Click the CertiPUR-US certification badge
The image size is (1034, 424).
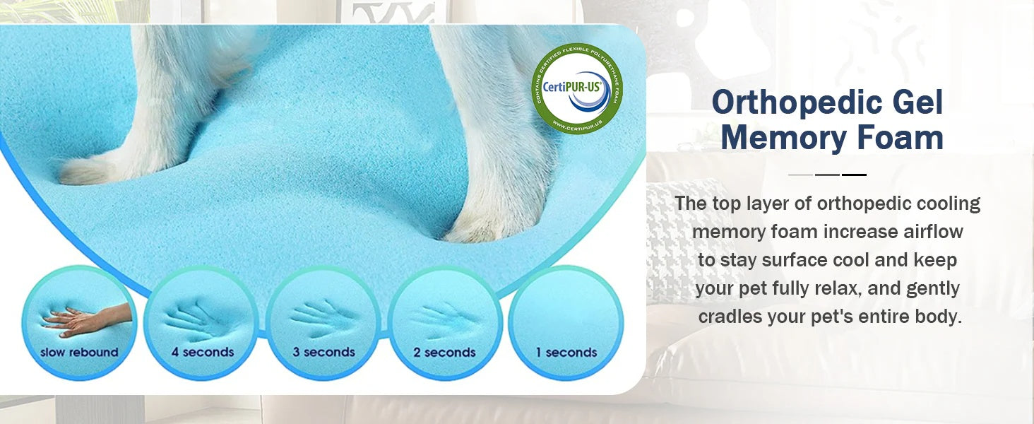pos(576,88)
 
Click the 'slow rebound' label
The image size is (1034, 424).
pos(79,352)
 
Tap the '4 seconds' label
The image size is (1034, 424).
pos(202,352)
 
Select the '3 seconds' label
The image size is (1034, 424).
pos(323,352)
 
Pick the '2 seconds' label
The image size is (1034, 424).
pos(445,352)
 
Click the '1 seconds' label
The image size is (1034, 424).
pos(566,352)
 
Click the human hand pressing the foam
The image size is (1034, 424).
pos(85,319)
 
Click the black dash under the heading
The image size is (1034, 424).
pos(854,174)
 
